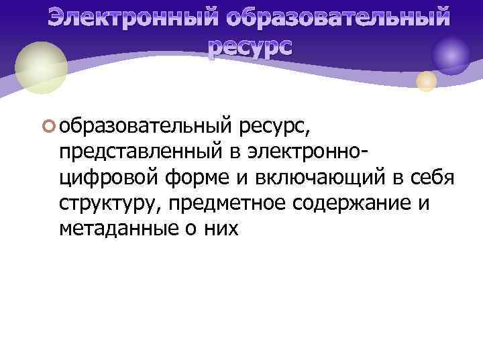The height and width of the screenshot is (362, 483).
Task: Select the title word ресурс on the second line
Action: point(250,46)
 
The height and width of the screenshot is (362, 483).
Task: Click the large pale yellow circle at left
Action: point(42,68)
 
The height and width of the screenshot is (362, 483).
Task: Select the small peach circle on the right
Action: point(427,81)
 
